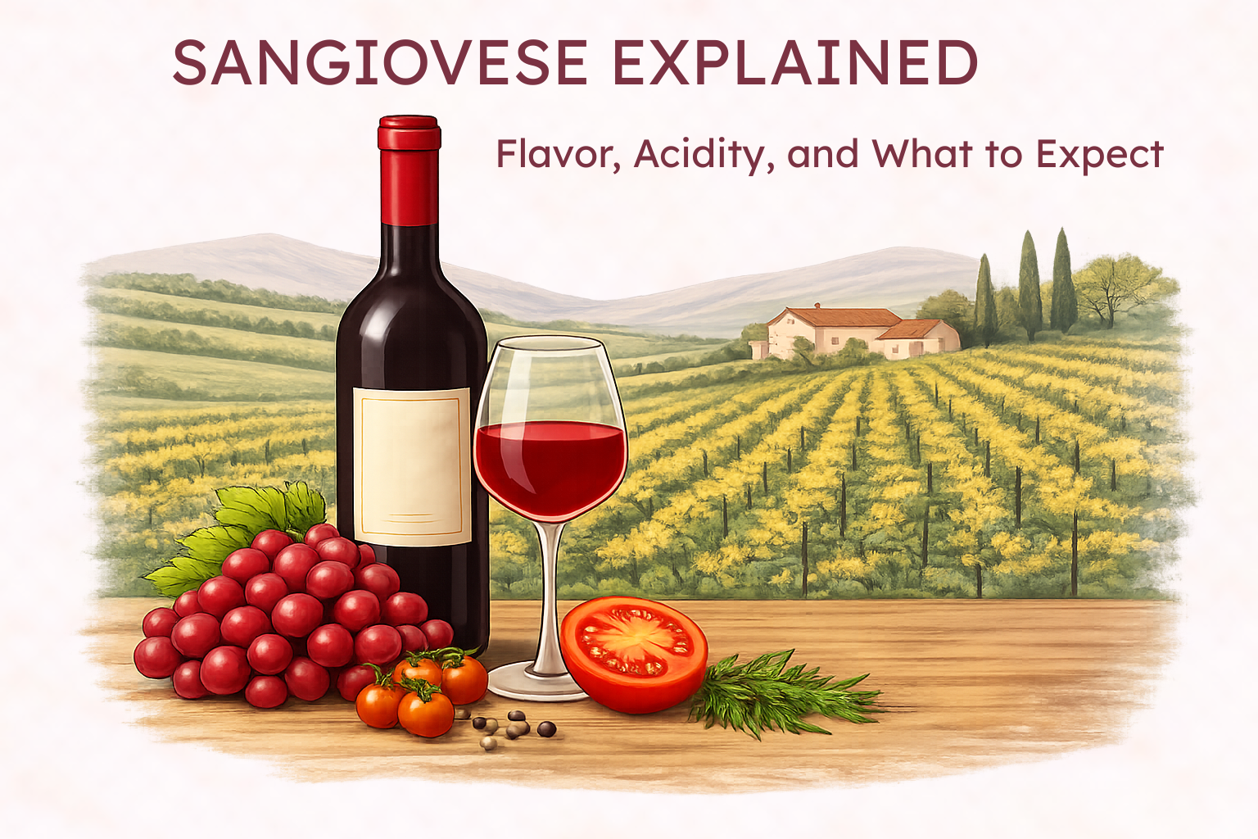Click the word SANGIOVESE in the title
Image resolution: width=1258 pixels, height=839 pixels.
point(379,63)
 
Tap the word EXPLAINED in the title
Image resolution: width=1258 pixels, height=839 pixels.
point(794,63)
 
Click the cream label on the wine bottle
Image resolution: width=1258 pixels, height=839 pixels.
point(411,465)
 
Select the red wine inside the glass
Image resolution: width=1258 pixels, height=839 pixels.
point(550,467)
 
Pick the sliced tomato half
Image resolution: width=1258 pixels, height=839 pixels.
point(634,651)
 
